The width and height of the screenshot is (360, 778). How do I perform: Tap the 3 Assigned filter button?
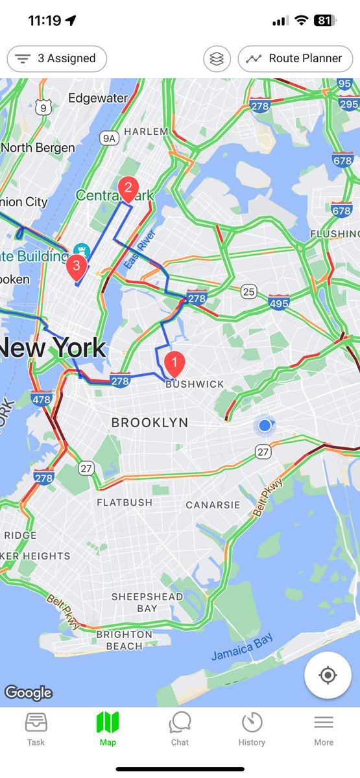pos(56,58)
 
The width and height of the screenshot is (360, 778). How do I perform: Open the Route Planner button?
pos(298,58)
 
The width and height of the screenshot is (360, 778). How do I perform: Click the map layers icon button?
pos(217,58)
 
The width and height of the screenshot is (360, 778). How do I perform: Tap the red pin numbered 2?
pos(128,189)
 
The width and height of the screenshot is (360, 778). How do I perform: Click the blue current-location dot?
pos(265,425)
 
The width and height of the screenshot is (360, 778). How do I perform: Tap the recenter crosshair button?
pos(328,675)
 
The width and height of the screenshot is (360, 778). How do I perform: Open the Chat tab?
pos(180,728)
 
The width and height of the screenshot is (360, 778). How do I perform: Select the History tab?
pos(252,728)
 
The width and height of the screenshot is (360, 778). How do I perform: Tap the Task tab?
pos(36,728)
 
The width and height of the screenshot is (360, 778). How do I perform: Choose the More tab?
pos(324,728)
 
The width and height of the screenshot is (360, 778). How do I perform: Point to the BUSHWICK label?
pos(195,384)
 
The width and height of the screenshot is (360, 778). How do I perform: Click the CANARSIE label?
pos(213,504)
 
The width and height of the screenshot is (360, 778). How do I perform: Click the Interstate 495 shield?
pos(279,302)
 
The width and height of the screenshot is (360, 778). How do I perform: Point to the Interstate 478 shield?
pos(42,399)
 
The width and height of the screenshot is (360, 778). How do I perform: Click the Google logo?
pos(28,692)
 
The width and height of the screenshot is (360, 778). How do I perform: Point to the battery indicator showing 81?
pos(324,20)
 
